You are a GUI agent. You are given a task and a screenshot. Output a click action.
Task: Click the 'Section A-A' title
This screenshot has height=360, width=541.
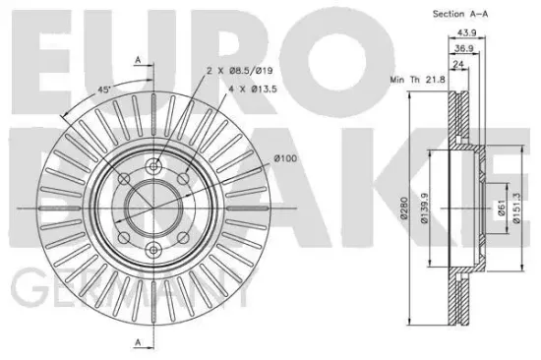(x=460, y=14)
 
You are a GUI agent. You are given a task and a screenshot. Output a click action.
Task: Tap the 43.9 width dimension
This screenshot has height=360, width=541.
(x=466, y=32)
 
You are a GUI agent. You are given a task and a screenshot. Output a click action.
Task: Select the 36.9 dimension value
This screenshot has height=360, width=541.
(x=463, y=48)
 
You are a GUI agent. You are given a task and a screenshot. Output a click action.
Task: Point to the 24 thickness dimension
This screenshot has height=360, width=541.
(x=458, y=64)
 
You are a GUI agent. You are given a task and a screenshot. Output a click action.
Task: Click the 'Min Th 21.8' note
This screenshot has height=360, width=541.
(x=417, y=80)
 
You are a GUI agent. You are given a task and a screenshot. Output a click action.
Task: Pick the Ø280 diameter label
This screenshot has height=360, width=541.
(x=404, y=208)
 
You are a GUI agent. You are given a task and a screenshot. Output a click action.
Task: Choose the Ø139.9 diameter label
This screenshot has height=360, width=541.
(x=424, y=209)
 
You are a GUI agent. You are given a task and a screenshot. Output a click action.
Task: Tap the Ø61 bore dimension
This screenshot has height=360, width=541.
(x=502, y=208)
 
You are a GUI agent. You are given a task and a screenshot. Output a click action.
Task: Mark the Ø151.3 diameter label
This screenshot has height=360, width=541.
(x=516, y=209)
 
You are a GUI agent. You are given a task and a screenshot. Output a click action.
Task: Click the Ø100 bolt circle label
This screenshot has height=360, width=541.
(x=285, y=158)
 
